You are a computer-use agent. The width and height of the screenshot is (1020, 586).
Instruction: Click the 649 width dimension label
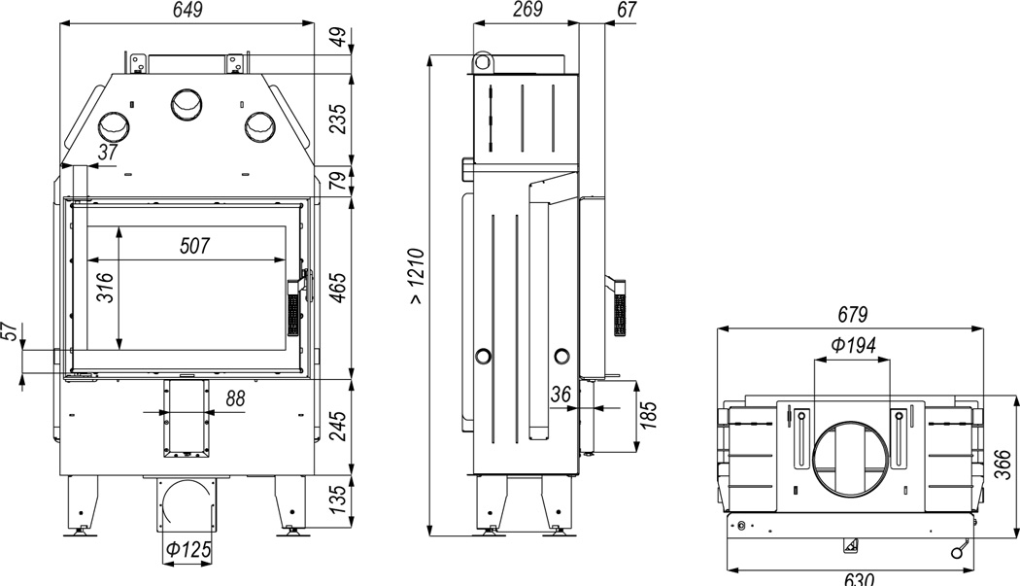pyautogui.click(x=188, y=10)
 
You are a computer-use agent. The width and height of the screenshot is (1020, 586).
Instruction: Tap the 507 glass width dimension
pyautogui.click(x=195, y=246)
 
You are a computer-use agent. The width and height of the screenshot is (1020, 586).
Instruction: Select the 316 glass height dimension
pyautogui.click(x=105, y=288)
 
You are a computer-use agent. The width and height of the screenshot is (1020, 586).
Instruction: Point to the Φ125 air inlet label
pyautogui.click(x=188, y=549)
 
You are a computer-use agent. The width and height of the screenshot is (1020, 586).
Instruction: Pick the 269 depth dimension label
pyautogui.click(x=527, y=9)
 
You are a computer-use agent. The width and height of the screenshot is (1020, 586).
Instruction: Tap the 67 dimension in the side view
pyautogui.click(x=627, y=9)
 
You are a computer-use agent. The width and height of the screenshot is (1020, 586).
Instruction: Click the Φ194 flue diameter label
pyautogui.click(x=854, y=344)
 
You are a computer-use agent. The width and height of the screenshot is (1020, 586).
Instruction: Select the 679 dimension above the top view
pyautogui.click(x=852, y=315)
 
